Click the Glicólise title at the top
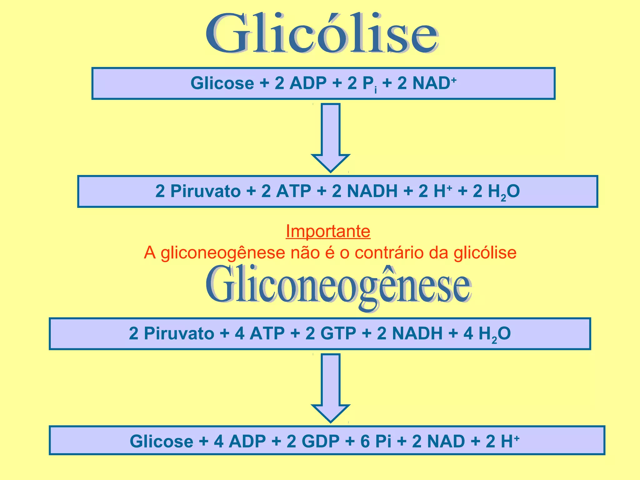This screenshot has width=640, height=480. pos(322,34)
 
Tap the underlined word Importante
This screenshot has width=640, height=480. pos(328,232)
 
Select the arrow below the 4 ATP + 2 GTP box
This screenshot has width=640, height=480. pos(330,387)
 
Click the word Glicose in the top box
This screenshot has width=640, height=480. pos(222,83)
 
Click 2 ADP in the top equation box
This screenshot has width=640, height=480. pos(300,83)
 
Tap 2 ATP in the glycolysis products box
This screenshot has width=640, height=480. pos(286,191)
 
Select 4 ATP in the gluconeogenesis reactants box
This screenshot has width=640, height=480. pos(259,333)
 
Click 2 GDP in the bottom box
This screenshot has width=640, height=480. pos(313,441)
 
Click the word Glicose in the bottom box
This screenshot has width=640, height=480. pos(161,441)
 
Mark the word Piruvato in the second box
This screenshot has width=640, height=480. pos(205,191)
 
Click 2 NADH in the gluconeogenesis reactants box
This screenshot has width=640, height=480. pos(410,333)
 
